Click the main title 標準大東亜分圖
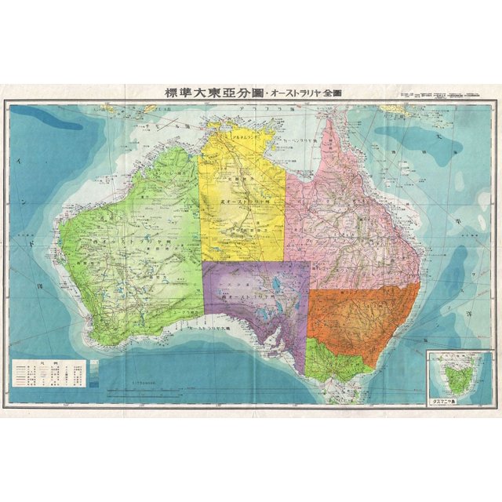[214, 93]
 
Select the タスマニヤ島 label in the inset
[447, 399]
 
